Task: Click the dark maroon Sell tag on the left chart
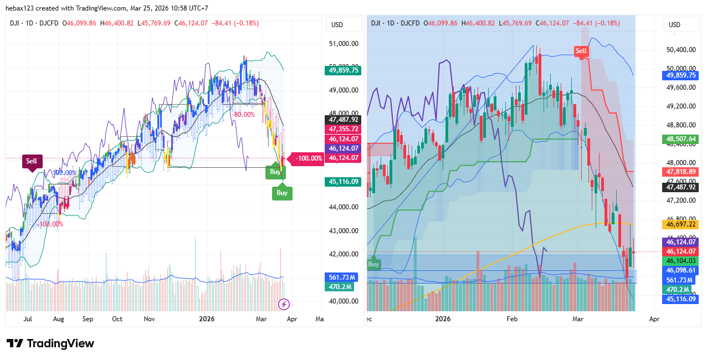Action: coord(32,161)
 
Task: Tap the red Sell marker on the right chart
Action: coord(581,51)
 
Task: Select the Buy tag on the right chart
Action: coord(373,264)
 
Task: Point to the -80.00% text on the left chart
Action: coord(243,115)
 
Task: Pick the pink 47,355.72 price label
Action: coord(344,129)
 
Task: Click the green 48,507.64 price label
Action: coord(681,140)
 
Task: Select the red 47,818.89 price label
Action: coord(681,172)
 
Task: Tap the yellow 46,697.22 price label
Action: coord(681,224)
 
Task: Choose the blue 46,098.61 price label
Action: coord(681,270)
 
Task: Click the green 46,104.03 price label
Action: coord(681,261)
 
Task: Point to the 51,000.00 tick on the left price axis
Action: coord(344,43)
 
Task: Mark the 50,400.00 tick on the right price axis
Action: coord(681,50)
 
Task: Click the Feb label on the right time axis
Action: coord(511,320)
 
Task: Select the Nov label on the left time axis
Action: coord(149,320)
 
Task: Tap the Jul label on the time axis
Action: coord(28,320)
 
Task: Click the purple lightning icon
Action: coord(284,304)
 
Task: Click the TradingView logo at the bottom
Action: coord(50,343)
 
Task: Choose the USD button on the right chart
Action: coord(674,25)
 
